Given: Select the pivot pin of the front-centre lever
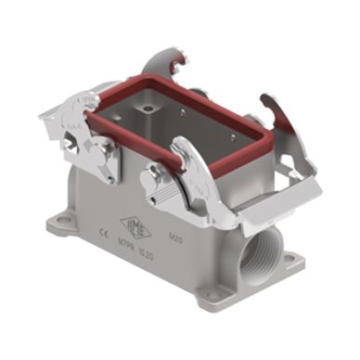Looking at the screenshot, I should pos(150,177).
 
